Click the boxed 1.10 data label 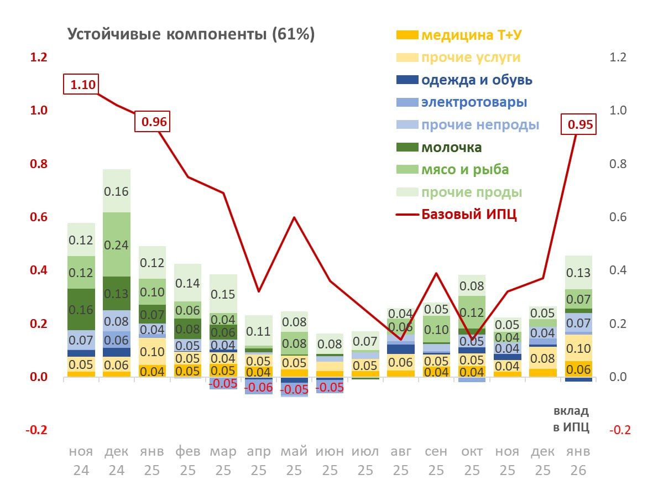(x=82, y=85)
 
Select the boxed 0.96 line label (x=153, y=122)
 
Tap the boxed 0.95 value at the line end (x=579, y=125)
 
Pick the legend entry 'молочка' (x=451, y=148)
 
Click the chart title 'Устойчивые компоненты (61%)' (x=191, y=34)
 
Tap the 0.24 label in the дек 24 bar (x=117, y=244)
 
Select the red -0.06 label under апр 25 (x=258, y=388)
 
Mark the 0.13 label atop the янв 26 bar (x=578, y=273)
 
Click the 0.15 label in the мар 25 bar (x=223, y=294)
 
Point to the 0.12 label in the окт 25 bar (x=472, y=313)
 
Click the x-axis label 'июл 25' (x=365, y=461)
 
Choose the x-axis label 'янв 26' (x=578, y=461)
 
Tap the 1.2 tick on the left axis (x=38, y=58)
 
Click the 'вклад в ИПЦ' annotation (x=571, y=419)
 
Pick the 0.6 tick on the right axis (x=619, y=217)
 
